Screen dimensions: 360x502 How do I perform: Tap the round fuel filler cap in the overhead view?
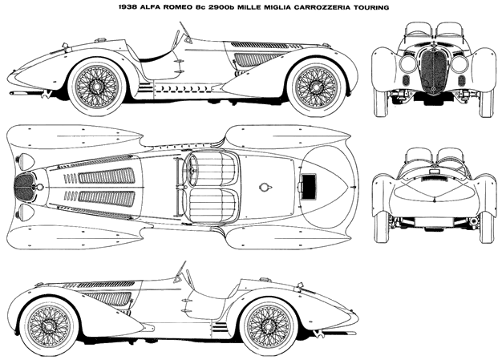(x=264, y=188)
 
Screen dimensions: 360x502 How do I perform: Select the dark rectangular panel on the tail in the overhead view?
(x=308, y=186)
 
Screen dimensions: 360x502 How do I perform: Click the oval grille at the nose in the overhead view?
(x=24, y=187)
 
